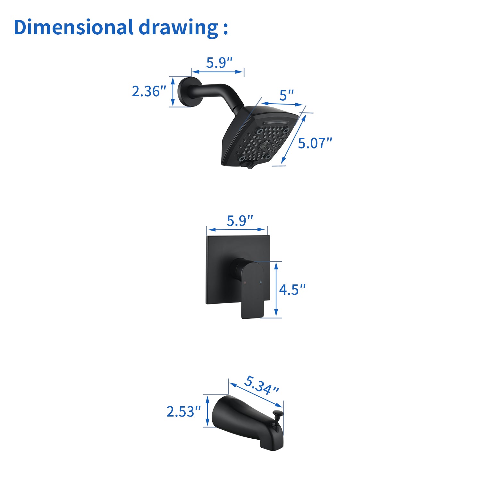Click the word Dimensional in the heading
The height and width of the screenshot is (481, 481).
(73, 27)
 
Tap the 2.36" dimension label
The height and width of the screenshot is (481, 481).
(149, 91)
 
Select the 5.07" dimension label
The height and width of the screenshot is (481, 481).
(315, 143)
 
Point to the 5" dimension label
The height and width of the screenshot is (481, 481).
(287, 96)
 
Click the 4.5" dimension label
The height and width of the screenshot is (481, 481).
(292, 290)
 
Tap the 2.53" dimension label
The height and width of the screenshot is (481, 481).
(183, 412)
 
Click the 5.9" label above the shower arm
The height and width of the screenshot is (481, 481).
(219, 63)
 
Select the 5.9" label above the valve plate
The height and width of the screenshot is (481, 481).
(240, 221)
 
